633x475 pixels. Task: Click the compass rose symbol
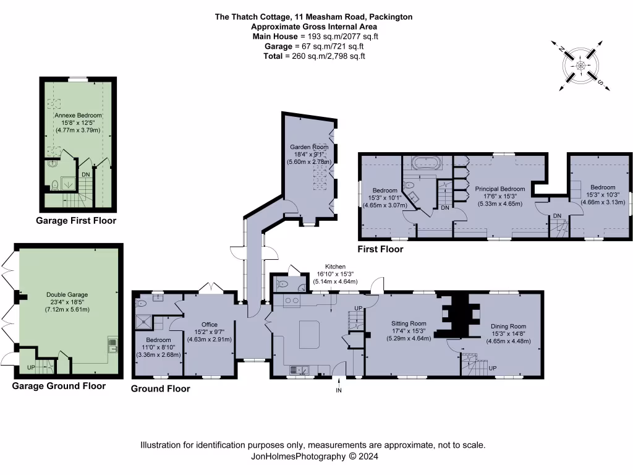(580, 65)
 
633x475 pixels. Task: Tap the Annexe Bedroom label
(77, 115)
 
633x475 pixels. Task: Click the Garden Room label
(308, 147)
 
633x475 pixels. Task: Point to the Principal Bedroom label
(499, 189)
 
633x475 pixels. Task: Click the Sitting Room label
(409, 323)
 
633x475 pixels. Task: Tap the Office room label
(210, 324)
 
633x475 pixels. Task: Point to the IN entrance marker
(338, 390)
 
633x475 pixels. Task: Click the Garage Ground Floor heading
(59, 386)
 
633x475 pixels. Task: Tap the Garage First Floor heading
(76, 221)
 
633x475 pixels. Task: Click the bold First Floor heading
(380, 249)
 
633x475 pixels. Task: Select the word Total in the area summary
(272, 56)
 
